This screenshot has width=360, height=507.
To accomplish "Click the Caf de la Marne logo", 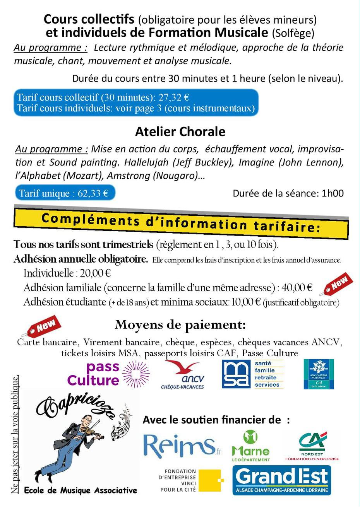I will [319, 374].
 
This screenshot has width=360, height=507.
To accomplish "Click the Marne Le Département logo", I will [250, 446].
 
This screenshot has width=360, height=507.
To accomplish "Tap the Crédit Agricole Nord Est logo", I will [312, 446].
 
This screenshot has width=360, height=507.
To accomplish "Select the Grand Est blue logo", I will [281, 480].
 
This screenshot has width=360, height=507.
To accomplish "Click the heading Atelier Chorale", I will [180, 132].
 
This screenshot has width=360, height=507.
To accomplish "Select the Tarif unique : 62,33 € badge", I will [65, 193].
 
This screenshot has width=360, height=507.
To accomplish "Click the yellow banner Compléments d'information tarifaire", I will [181, 222].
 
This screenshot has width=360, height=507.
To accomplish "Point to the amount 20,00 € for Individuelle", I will [96, 273].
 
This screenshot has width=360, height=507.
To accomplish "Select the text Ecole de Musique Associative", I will [80, 490].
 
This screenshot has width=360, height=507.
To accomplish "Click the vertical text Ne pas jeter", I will [15, 433].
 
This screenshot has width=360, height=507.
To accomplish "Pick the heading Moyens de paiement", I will [180, 325].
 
